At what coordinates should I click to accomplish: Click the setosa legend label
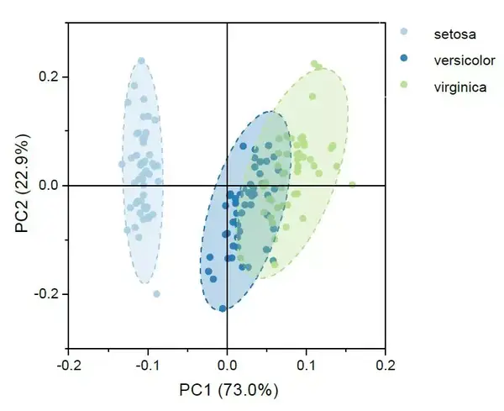(454, 34)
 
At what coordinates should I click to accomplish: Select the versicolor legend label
(465, 60)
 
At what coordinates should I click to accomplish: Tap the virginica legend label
(460, 85)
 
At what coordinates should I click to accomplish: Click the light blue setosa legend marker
(405, 34)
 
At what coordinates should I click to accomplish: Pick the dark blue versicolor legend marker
(405, 60)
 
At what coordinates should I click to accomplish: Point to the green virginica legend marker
(405, 85)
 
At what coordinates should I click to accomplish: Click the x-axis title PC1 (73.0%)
(228, 391)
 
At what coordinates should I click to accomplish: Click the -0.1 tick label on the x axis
(148, 366)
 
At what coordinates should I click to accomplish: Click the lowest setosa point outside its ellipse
(156, 294)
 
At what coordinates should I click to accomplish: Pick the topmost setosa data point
(141, 61)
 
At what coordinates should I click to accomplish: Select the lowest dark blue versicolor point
(223, 308)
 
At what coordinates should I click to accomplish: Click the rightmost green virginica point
(352, 185)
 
